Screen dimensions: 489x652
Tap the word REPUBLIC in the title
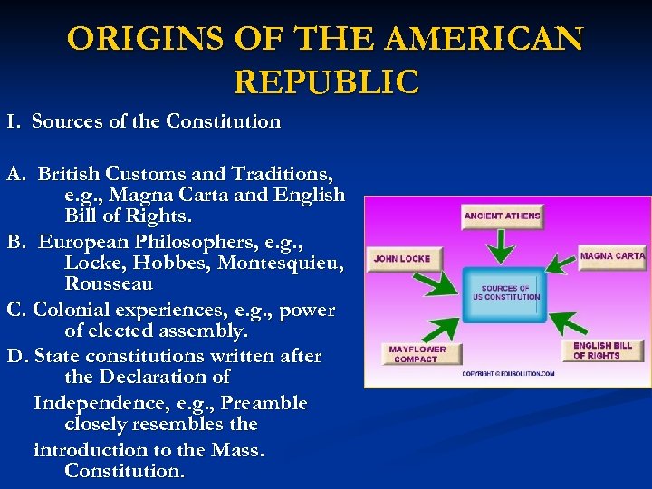(x=326, y=81)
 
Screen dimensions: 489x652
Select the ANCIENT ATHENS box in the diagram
(x=502, y=216)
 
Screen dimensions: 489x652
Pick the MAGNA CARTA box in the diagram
(x=612, y=256)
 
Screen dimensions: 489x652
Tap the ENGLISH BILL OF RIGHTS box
(x=603, y=350)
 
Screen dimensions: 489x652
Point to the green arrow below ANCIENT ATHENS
(x=501, y=244)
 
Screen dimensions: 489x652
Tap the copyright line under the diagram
(x=507, y=373)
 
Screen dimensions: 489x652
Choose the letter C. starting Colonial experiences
(x=16, y=310)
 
